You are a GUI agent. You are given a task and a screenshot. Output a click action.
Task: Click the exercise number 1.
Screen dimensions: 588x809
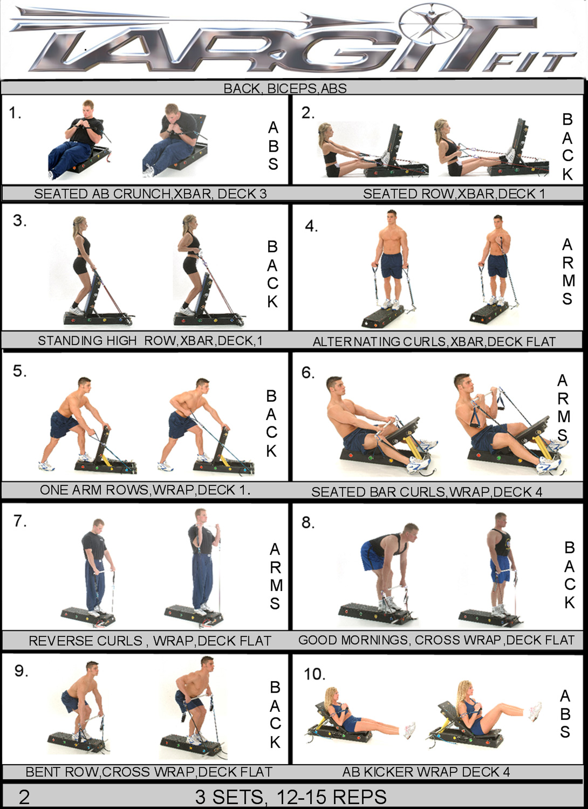[x=15, y=113]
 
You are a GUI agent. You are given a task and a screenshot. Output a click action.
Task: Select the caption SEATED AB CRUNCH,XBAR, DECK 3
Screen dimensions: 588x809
[x=151, y=194]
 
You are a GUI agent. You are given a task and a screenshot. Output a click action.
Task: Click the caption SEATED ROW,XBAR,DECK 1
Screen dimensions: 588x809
[x=454, y=194]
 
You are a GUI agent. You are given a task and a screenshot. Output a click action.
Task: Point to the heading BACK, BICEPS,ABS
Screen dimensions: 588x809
[x=285, y=88]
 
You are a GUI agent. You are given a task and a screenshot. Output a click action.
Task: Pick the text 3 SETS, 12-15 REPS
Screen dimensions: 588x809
[x=291, y=797]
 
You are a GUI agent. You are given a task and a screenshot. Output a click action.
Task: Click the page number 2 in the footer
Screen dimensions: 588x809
[x=24, y=797]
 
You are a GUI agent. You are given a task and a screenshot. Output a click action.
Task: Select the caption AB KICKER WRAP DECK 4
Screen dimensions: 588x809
[x=426, y=772]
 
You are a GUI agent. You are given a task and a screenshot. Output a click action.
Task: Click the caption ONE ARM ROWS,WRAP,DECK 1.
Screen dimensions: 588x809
[x=145, y=490]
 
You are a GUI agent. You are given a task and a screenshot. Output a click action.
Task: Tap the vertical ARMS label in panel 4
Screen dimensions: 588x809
[x=568, y=272]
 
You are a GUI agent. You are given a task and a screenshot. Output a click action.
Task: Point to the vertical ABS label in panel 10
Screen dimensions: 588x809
[x=565, y=714]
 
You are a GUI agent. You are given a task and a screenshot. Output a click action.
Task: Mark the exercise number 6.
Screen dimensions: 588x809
[x=308, y=373]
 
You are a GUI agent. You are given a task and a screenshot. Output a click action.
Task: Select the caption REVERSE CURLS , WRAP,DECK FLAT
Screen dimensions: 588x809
[x=150, y=641]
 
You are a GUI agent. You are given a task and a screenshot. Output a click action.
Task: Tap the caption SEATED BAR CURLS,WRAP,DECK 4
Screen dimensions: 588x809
[x=427, y=492]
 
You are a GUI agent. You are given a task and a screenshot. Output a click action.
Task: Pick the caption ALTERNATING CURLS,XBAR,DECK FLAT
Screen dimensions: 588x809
[x=434, y=341]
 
